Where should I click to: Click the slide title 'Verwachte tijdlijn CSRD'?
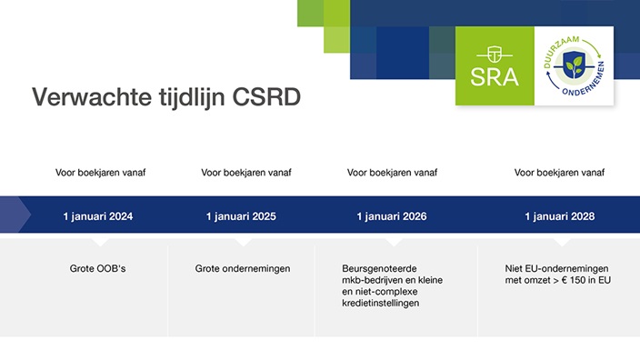[166, 97]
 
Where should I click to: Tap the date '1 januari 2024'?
[97, 216]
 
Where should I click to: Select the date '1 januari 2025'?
[241, 216]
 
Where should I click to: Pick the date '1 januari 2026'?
[392, 216]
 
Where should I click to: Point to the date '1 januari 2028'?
[559, 216]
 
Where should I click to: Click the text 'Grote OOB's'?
[97, 268]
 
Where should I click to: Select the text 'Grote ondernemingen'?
[242, 268]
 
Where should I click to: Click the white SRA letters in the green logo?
[495, 77]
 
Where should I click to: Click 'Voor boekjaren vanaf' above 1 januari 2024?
[100, 172]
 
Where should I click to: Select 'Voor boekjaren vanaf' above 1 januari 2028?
[559, 172]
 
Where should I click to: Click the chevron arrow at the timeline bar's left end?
[11, 215]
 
